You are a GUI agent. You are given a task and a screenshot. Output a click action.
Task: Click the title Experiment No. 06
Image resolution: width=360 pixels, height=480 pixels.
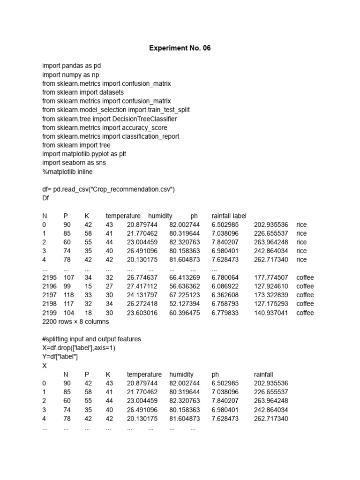click(180, 48)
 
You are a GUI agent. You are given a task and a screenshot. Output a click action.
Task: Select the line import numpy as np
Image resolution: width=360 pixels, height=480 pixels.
click(70, 75)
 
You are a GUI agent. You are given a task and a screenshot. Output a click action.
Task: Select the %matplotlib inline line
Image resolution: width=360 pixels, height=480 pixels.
click(67, 172)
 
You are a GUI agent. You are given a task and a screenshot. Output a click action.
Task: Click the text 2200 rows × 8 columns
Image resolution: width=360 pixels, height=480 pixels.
click(75, 322)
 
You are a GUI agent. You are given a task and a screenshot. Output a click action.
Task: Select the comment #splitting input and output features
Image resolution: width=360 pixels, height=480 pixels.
click(91, 339)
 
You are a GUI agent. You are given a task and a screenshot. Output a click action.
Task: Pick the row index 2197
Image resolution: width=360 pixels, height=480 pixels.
click(49, 295)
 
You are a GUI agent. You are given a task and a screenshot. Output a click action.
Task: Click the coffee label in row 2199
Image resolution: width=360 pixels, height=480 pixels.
click(305, 313)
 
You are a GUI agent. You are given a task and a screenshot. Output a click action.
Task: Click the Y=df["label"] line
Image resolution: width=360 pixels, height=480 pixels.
click(60, 357)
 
